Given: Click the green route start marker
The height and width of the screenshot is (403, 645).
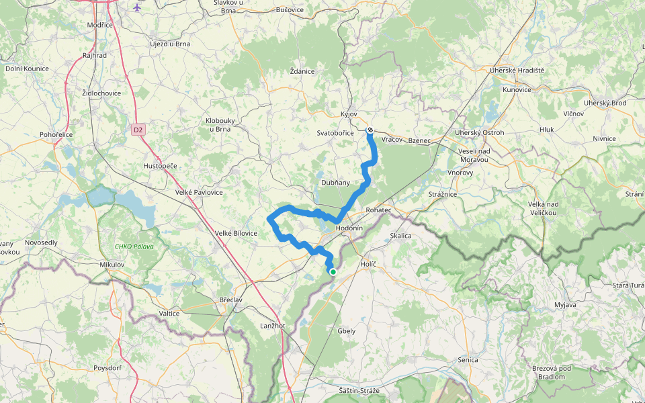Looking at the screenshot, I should tap(333, 271).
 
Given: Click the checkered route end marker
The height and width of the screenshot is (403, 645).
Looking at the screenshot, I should tap(370, 130).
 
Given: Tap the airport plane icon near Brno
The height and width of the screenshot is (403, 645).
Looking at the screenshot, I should tap(137, 7).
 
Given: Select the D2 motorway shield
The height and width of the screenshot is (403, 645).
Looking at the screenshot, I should tap(138, 129).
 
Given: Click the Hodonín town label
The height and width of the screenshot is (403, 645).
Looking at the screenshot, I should tap(349, 228).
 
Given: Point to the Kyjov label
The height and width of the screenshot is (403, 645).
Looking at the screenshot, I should tap(349, 115).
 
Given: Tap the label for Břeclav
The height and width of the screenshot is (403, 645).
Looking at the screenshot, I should tap(232, 300).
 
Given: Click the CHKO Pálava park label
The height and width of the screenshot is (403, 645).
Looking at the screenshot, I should tap(134, 247).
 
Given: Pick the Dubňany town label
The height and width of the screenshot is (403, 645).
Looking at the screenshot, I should tap(335, 182).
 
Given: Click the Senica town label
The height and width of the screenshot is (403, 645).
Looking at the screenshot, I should tap(468, 360).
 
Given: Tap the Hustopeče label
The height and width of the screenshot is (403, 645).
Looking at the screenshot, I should tap(160, 165).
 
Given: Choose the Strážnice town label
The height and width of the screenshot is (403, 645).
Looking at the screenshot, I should tap(443, 194).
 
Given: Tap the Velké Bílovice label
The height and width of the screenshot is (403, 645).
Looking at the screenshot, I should tap(236, 233).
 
